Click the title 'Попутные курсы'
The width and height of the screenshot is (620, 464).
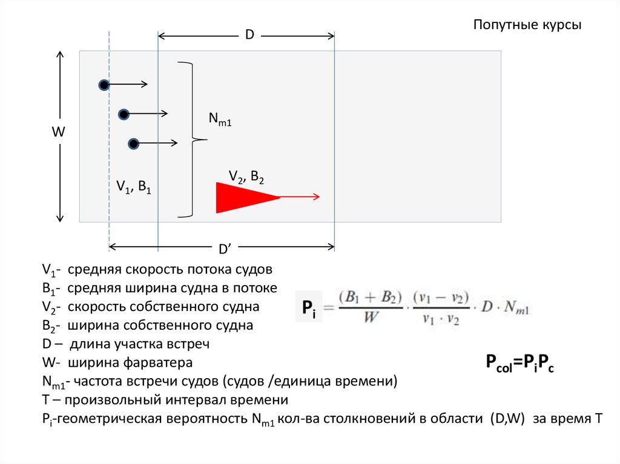point(527,25)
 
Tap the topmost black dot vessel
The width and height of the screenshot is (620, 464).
point(104,85)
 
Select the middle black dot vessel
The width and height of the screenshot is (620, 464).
point(124,114)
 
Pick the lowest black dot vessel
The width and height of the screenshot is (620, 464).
point(134,143)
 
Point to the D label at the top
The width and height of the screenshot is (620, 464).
point(249,36)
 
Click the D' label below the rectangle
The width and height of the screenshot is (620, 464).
point(223,249)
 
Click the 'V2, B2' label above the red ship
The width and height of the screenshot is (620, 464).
point(246,177)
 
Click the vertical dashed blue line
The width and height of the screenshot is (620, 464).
point(109,181)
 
